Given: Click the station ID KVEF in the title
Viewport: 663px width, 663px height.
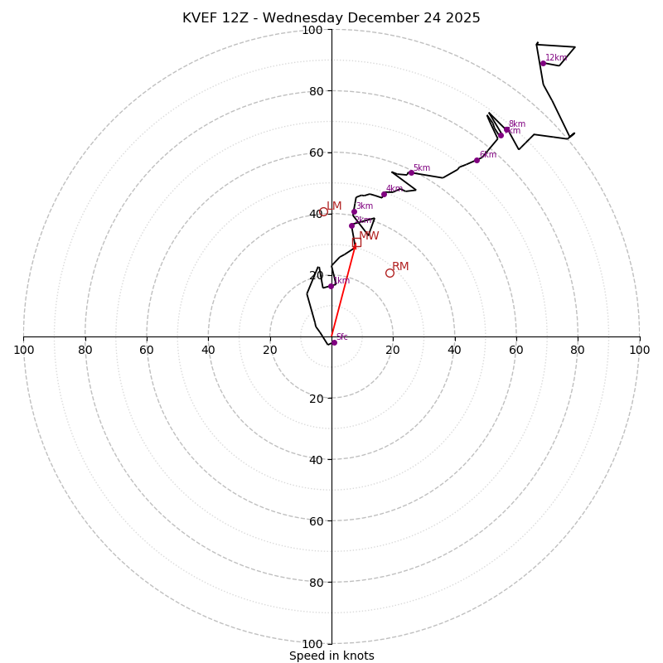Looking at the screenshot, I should click(x=201, y=18).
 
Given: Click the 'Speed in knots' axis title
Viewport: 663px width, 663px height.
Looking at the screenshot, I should click(x=331, y=656).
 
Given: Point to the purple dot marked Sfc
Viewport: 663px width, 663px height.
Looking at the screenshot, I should click(x=334, y=342).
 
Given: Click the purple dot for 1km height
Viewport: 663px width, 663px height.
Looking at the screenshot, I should click(x=331, y=286).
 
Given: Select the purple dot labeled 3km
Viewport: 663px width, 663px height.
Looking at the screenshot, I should click(x=354, y=211).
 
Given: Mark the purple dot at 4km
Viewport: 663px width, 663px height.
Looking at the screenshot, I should click(x=384, y=195).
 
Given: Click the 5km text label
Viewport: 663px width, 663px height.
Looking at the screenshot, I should click(x=421, y=168).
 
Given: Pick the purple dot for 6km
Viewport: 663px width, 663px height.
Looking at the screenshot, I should click(x=477, y=160).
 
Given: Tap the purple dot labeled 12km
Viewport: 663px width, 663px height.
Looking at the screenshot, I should click(x=543, y=63).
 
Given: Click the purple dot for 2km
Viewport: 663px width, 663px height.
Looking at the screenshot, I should click(x=351, y=225).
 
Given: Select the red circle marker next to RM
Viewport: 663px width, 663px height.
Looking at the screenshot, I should click(x=390, y=273).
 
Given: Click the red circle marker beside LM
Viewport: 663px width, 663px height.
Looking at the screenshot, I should click(x=323, y=211).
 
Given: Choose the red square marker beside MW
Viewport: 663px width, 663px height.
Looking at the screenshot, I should click(x=356, y=242).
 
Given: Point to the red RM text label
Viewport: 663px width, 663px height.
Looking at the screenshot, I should click(x=400, y=267).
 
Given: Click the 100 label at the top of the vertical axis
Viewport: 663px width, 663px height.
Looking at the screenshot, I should click(x=312, y=30).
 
